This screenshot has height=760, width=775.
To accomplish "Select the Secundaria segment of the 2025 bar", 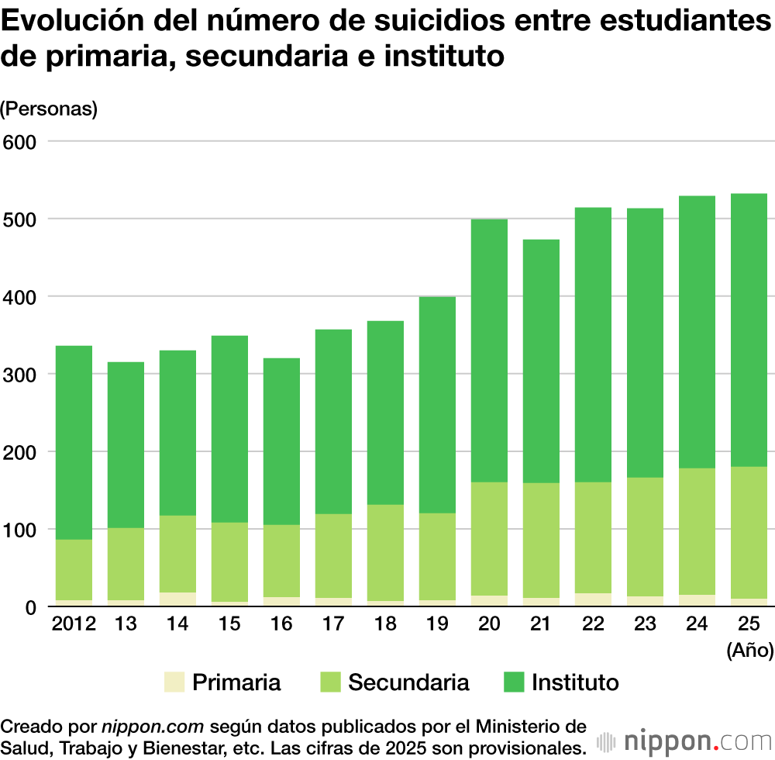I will pos(748,532).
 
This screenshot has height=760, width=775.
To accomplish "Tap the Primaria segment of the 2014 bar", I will pos(177,599).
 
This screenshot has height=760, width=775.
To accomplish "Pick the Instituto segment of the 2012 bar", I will pos(74,442).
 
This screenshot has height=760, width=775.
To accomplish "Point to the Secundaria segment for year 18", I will pos(385,552).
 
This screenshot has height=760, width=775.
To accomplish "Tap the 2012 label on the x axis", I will pos(74,624).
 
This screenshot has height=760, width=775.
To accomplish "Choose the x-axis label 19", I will pos(437,624).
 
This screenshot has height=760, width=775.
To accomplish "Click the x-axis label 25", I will pos(748,624).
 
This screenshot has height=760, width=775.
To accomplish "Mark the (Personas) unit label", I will pos(49,109).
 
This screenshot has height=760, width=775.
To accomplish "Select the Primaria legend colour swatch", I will pos(174,682).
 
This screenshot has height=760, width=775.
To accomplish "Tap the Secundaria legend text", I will pos(408,682).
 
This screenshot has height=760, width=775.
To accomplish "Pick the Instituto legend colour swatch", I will pos(513,682).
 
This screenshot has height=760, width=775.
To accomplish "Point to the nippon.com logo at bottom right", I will pos(681,738).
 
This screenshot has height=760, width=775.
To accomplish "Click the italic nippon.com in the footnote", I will pos(152,727).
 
